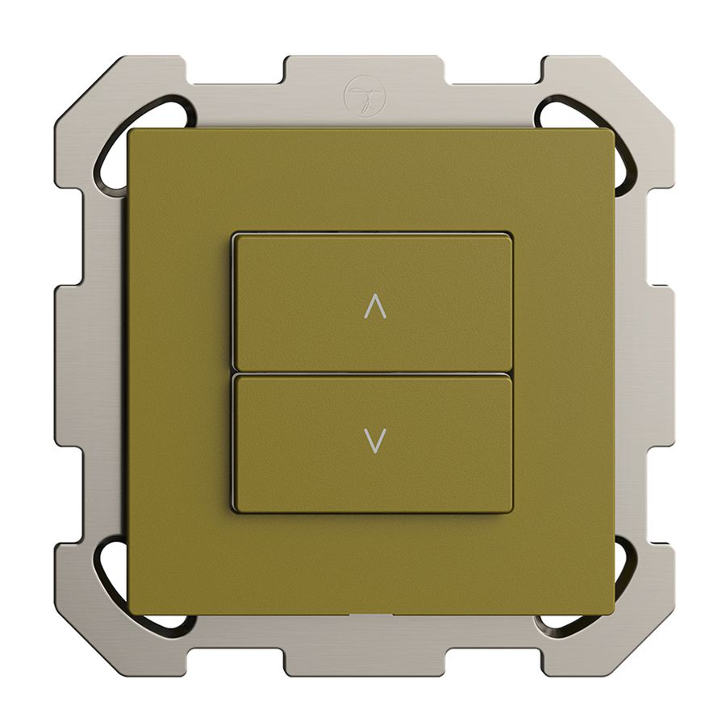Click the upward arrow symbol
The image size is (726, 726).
376,307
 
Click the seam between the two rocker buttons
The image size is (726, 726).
372,373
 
